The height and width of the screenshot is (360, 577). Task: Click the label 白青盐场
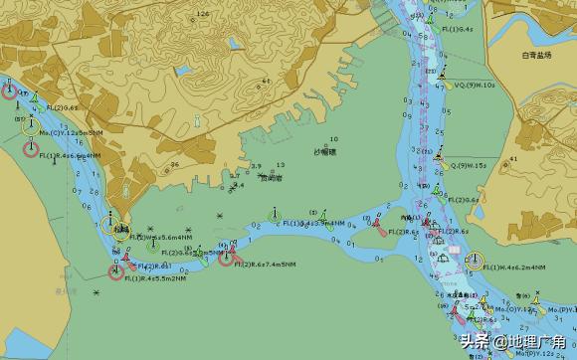click(x=535, y=56)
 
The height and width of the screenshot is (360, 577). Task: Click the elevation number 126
click(x=203, y=14)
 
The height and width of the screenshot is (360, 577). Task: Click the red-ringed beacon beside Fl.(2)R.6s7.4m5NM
click(x=226, y=259)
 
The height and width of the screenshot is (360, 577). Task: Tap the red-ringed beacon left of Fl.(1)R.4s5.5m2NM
click(x=116, y=271)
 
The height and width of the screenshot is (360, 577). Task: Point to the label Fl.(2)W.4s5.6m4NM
click(x=153, y=237)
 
